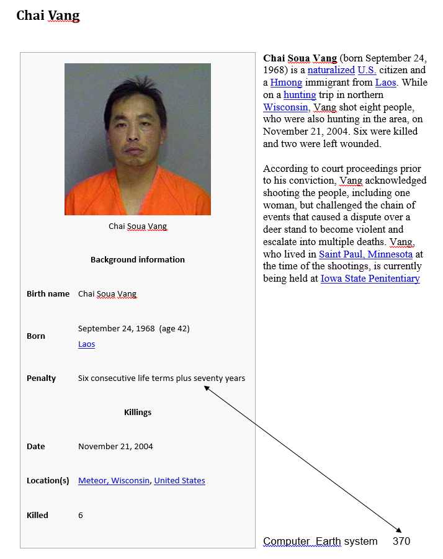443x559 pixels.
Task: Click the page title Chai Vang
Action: (48, 15)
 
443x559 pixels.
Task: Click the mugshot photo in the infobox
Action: (137, 139)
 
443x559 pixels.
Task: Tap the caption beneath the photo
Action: (137, 226)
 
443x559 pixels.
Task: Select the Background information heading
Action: (137, 259)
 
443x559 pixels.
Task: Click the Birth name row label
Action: (48, 293)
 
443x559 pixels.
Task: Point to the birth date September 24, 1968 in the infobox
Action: (116, 328)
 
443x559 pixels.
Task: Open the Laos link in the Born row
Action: (86, 344)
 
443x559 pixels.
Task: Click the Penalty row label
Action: (41, 378)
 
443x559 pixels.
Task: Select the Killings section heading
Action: (137, 412)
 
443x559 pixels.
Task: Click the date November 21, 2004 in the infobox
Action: (115, 446)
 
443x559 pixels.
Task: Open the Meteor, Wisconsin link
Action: (114, 480)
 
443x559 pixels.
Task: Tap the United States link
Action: (179, 480)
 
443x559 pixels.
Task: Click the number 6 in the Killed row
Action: (81, 515)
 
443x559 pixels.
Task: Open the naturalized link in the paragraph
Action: (331, 70)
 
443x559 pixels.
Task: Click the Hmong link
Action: (286, 83)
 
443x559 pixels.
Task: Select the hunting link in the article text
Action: (300, 95)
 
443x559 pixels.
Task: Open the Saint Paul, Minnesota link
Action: (365, 254)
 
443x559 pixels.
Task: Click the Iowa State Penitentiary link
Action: (370, 279)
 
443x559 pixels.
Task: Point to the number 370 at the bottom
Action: (401, 541)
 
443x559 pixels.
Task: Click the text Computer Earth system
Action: (320, 541)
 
